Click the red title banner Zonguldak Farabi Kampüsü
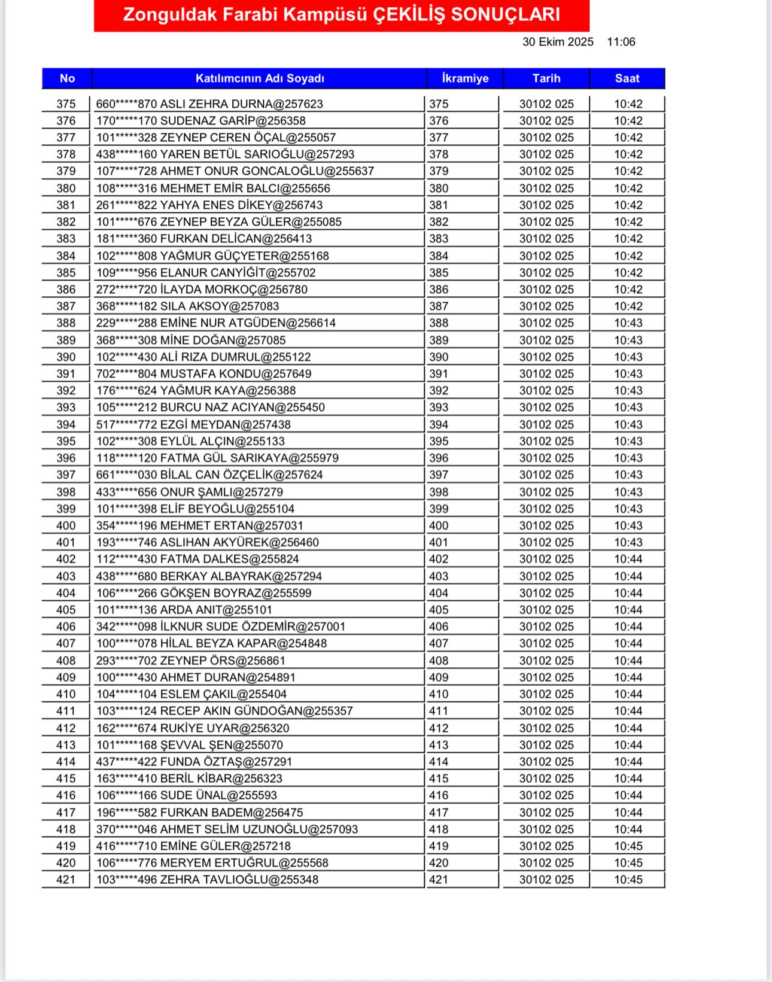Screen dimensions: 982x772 coord(341,15)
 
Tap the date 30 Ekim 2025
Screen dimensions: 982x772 coord(558,42)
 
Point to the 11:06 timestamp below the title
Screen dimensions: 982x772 coord(621,42)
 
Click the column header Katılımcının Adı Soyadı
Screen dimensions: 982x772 coord(260,78)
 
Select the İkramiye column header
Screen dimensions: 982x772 coord(465,78)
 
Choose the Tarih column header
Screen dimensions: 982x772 coord(546,78)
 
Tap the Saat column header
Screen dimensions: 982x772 coord(627,78)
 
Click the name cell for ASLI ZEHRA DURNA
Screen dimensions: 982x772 coord(209,104)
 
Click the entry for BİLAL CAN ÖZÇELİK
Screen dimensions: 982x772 coord(209,475)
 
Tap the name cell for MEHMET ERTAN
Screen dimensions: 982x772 coord(199,526)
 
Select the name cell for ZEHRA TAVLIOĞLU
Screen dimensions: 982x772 coord(207,880)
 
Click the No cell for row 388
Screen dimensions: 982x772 coord(66,323)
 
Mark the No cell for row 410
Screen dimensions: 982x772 coord(66,695)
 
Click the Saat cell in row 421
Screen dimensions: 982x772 coord(628,880)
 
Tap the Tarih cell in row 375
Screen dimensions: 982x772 coord(546,104)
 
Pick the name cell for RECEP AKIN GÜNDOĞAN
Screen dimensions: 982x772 coord(224,712)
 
